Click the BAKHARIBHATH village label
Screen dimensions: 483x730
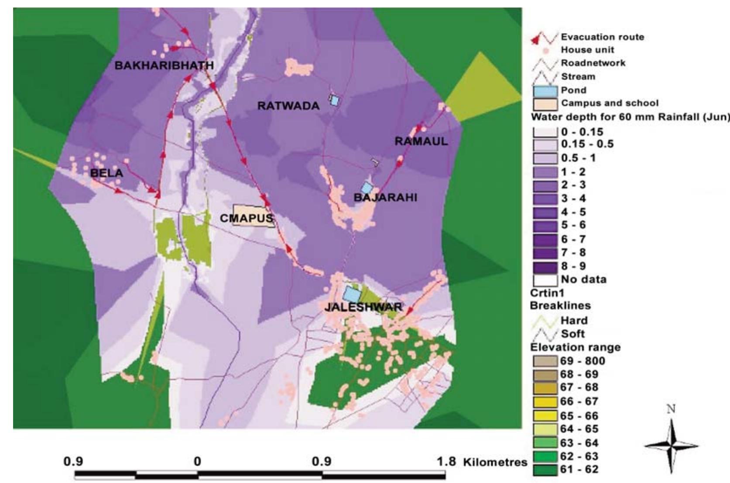164,65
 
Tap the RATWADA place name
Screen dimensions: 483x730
288,106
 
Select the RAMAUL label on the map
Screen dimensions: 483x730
421,141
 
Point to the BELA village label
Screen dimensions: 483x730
106,173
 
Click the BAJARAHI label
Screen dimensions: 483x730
385,198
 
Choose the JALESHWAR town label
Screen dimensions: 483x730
363,307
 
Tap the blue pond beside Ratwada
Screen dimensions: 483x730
334,100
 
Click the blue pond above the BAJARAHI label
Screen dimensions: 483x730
367,188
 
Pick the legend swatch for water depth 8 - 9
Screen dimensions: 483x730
545,266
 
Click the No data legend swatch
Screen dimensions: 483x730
545,280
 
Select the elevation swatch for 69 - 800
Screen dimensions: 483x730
545,361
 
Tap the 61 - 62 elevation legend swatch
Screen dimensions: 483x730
545,470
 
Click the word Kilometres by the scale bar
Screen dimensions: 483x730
495,462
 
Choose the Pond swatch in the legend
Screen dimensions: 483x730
545,90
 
